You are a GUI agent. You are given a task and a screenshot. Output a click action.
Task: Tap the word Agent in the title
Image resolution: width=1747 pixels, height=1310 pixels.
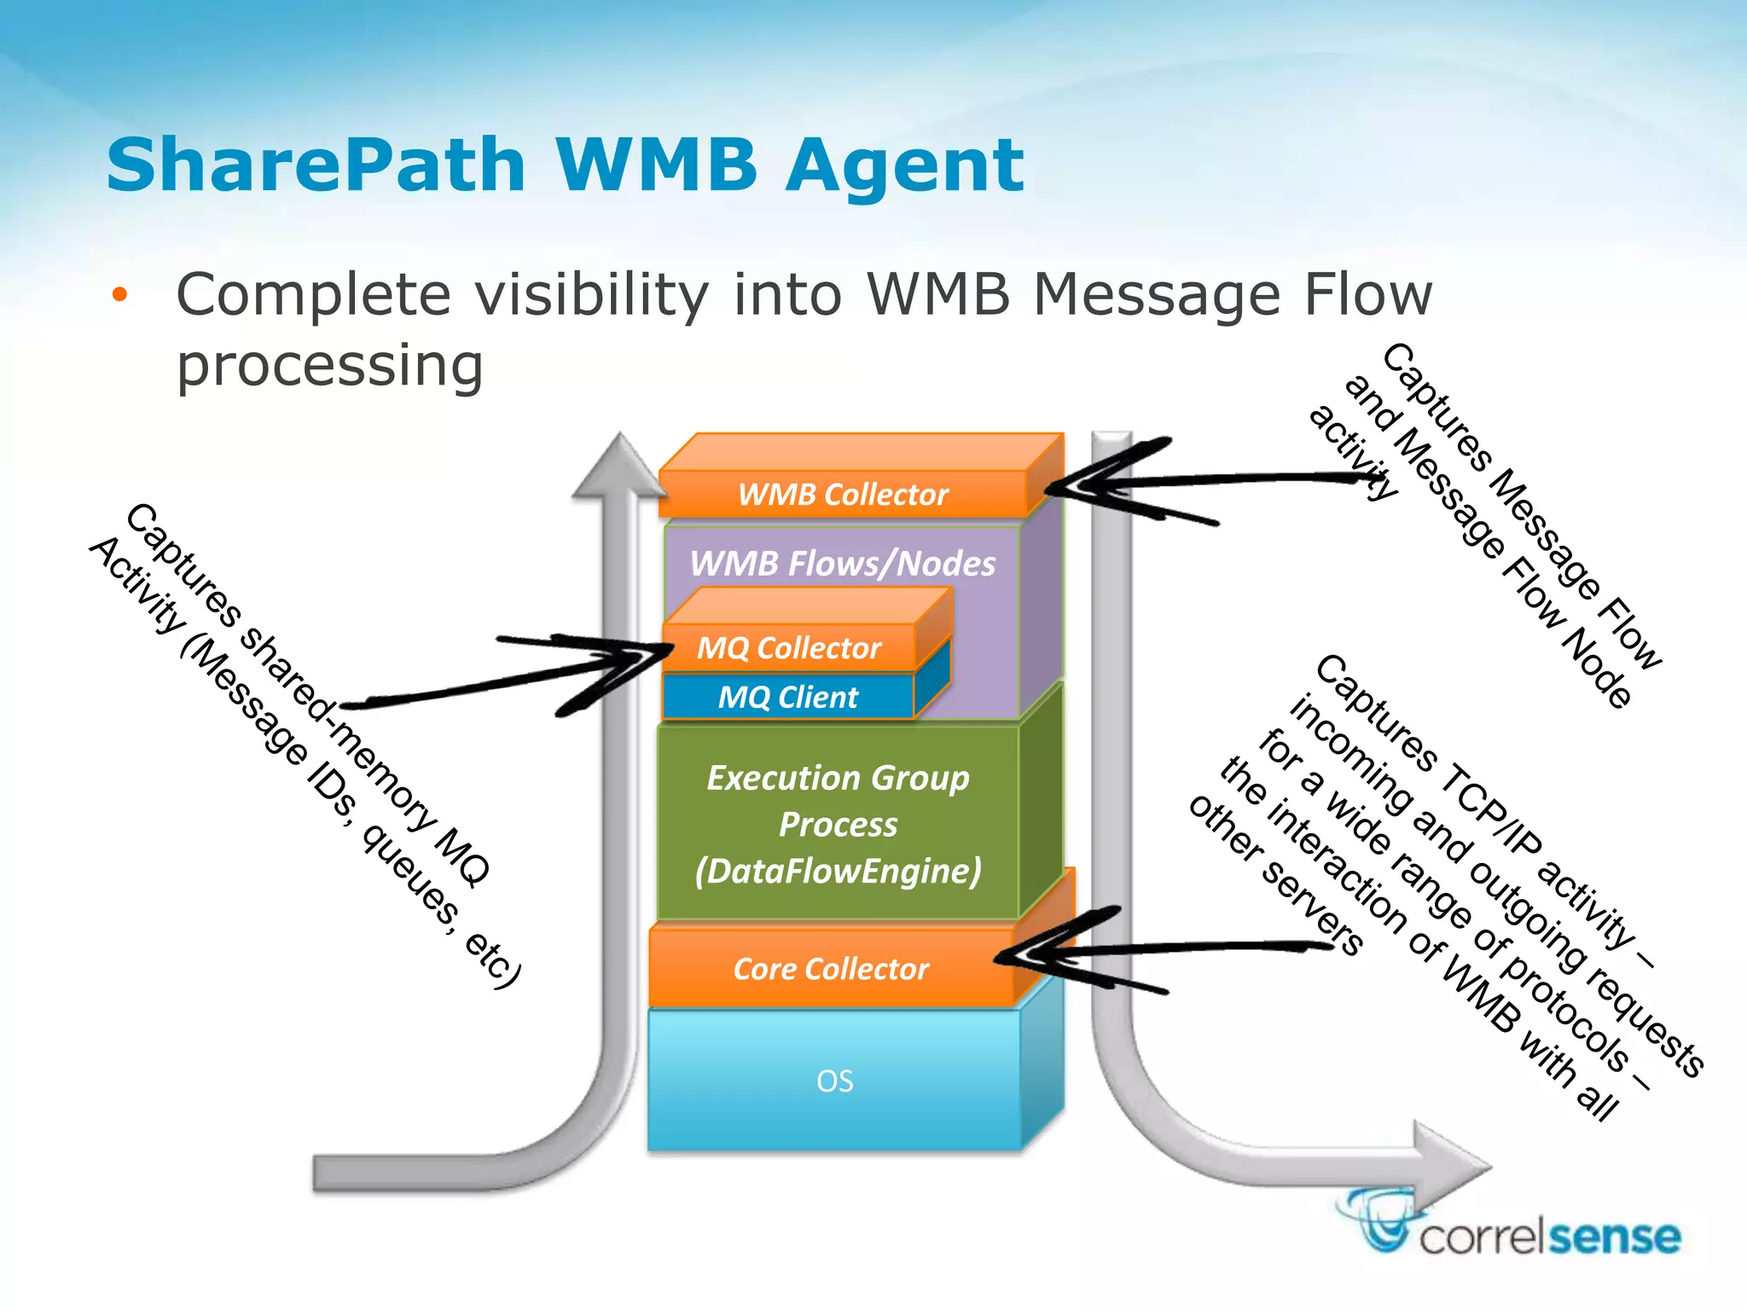pos(904,166)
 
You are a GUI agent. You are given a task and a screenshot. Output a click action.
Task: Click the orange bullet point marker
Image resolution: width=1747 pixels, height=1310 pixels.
pos(119,296)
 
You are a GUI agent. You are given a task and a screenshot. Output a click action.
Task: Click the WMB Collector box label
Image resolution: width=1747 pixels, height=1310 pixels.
pos(843,495)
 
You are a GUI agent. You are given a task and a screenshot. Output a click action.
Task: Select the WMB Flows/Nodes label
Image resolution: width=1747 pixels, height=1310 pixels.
pos(842,564)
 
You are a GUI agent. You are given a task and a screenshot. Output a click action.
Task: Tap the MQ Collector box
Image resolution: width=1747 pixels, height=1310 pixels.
pos(789,648)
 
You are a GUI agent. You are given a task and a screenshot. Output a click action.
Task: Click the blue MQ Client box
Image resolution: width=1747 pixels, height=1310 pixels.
pos(787,698)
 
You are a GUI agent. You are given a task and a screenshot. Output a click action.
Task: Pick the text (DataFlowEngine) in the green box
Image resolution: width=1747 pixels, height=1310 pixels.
pos(838,872)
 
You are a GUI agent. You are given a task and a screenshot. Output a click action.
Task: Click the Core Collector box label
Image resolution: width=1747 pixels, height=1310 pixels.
pos(831,970)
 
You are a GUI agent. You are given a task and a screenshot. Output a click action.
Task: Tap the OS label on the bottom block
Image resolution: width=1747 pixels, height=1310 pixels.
pos(834,1081)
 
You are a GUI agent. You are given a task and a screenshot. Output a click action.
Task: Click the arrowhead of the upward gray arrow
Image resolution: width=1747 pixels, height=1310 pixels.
pos(619,465)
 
